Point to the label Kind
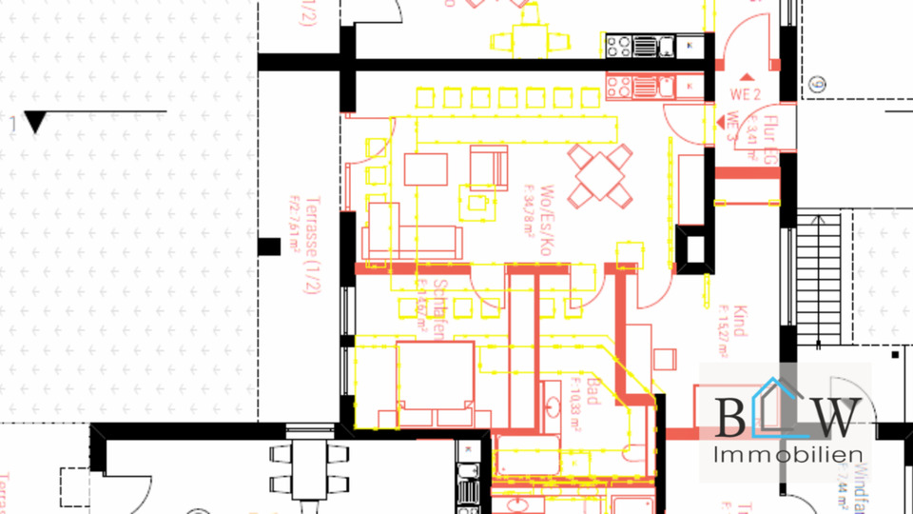739,320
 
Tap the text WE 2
746,95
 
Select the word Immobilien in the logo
787,455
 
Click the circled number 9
819,85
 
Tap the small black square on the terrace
269,247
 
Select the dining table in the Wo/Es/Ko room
600,174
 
